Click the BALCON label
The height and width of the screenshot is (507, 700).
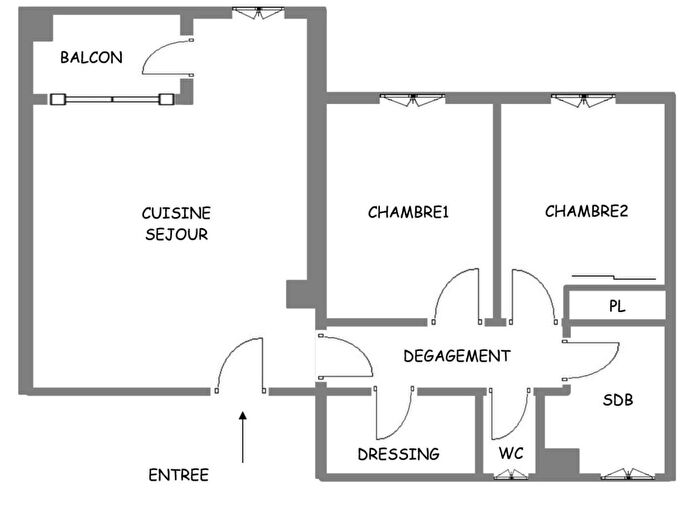tap(91, 57)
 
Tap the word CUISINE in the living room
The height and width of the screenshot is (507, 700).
tap(176, 213)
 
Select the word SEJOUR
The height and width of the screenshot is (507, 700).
tap(176, 234)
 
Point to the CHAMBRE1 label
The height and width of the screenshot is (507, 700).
tap(409, 212)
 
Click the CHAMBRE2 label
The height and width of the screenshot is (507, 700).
tap(586, 211)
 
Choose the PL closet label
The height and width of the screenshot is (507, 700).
tap(617, 307)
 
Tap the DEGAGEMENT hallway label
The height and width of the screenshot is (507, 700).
tap(456, 356)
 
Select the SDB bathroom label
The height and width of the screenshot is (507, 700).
tap(617, 400)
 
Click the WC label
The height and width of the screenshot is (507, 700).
tap(510, 453)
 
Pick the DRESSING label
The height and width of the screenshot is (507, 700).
tap(398, 454)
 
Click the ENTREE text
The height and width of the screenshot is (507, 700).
tap(178, 475)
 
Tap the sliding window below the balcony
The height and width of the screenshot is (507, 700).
tap(111, 99)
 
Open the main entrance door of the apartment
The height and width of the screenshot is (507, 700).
tap(240, 365)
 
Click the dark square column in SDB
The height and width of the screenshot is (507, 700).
tap(563, 462)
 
